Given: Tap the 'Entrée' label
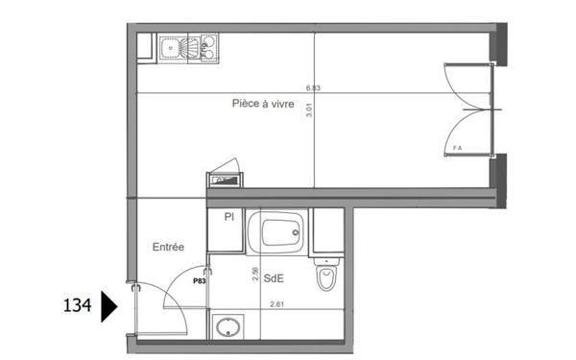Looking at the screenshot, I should (x=168, y=247).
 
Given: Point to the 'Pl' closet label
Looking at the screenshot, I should (x=229, y=218).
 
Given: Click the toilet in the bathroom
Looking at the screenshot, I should (x=325, y=277).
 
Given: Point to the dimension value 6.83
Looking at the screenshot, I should (x=312, y=87).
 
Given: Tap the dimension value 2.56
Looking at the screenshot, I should (x=255, y=274).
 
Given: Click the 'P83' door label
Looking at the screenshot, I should (x=200, y=281).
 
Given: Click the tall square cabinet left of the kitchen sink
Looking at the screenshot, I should (x=145, y=45).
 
